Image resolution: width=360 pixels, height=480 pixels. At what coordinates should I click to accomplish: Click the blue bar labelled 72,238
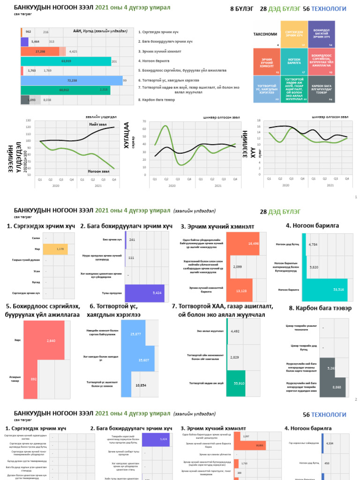[x=71, y=81]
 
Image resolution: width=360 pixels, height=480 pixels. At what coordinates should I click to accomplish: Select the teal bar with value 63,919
[x=66, y=61]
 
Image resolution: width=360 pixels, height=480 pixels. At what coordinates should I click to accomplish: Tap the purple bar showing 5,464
[x=25, y=42]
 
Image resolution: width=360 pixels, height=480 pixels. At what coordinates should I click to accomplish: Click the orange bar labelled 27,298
[x=40, y=52]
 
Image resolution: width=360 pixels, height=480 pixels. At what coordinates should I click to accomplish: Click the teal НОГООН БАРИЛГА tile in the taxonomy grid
[x=294, y=61]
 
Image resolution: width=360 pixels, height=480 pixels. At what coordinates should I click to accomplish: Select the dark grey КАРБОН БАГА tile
[x=322, y=89]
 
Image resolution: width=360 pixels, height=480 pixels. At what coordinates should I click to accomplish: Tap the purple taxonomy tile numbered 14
[x=322, y=34]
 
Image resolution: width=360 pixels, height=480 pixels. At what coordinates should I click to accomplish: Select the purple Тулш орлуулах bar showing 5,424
[x=144, y=292]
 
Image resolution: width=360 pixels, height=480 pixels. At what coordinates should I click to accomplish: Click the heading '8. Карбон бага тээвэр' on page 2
[x=320, y=308]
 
